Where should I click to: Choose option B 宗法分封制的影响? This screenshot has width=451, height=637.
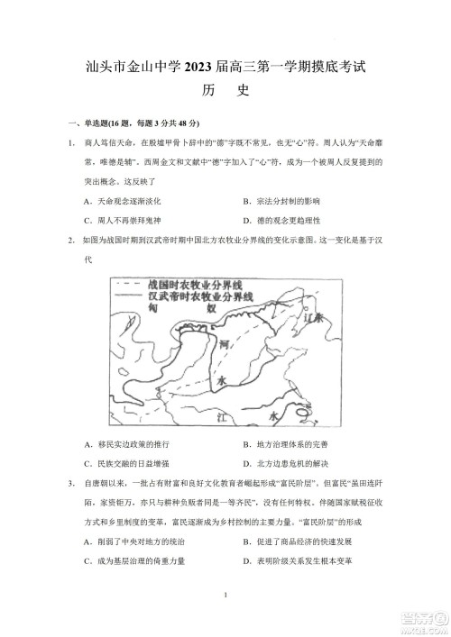click(281, 199)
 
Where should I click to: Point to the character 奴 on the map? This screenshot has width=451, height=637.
click(213, 307)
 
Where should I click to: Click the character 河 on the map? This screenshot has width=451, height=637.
click(225, 343)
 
